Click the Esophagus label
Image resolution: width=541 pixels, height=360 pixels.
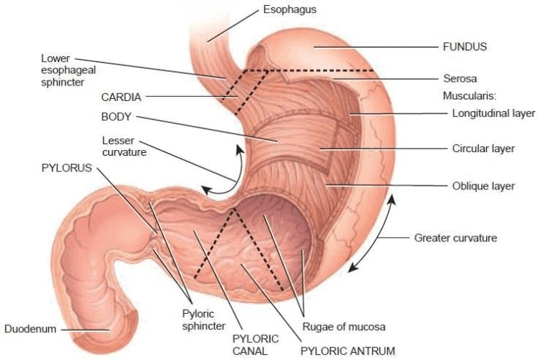[290, 10]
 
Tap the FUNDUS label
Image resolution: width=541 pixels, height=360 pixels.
[465, 47]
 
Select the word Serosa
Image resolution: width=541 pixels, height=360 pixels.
[460, 78]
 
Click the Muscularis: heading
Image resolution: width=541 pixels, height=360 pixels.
[469, 96]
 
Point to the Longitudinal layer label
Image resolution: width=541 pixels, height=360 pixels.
[493, 113]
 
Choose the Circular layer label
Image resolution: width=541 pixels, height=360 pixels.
[483, 149]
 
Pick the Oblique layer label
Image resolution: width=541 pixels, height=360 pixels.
[483, 186]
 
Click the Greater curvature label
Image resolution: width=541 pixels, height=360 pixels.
[455, 238]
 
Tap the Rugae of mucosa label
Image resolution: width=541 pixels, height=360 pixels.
[344, 326]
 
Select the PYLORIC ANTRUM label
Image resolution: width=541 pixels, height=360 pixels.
[348, 351]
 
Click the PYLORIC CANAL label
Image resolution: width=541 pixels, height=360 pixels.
[256, 345]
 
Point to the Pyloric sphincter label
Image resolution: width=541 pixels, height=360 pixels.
[203, 320]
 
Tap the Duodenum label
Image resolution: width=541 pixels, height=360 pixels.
[31, 329]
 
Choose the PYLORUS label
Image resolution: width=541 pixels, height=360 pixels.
[67, 168]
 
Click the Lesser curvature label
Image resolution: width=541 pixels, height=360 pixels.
[124, 146]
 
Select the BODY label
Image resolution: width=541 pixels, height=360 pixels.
[116, 116]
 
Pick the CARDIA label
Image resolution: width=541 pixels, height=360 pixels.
[121, 97]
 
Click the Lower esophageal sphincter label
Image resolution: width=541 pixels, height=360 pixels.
[68, 70]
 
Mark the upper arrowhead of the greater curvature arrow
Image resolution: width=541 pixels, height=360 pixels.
[392, 198]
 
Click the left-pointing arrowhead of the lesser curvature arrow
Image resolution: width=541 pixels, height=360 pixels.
[205, 190]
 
